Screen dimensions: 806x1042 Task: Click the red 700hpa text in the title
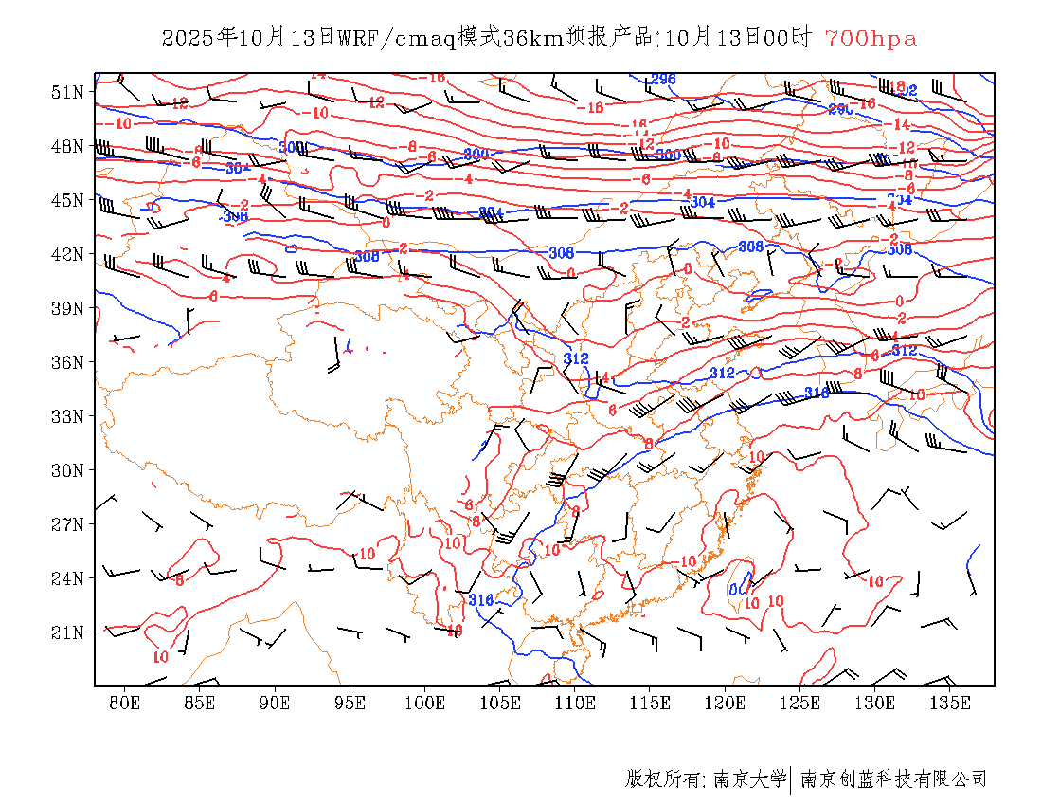click(871, 39)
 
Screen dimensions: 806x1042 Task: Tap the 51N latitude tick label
click(67, 92)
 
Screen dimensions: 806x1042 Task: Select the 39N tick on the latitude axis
click(67, 308)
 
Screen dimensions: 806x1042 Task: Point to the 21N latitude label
click(67, 632)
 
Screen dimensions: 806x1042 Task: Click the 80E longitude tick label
click(125, 703)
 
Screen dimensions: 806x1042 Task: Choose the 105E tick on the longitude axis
click(500, 703)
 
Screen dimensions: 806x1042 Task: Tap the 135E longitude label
click(950, 703)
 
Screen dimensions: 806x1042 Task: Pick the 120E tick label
click(725, 703)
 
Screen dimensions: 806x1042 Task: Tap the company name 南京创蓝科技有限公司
click(893, 779)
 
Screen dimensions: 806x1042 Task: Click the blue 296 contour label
click(663, 79)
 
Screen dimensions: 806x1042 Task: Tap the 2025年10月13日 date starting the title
click(249, 39)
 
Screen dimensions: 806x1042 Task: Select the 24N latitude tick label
click(67, 578)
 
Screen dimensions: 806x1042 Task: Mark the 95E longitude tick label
click(350, 703)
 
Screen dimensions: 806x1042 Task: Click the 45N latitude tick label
click(67, 200)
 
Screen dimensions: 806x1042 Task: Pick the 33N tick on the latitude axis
click(67, 416)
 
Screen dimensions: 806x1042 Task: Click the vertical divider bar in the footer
click(791, 779)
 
